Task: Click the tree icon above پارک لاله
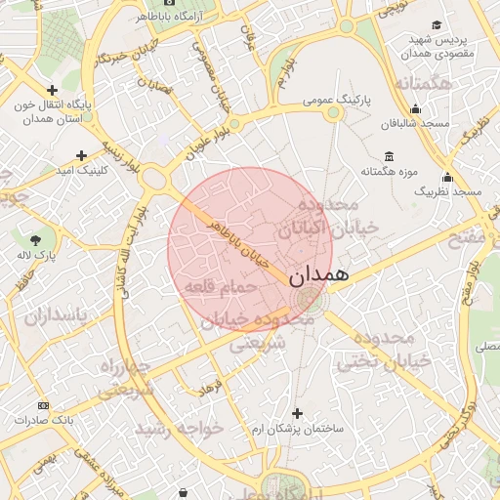point(36,239)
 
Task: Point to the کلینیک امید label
point(75,171)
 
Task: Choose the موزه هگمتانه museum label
point(390,172)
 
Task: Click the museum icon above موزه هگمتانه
point(390,156)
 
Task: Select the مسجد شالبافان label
point(415,124)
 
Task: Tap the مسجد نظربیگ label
point(447,192)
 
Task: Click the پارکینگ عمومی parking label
point(332,99)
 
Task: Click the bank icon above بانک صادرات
point(43,404)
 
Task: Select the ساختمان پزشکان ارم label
point(298,430)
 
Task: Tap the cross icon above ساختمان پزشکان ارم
point(298,414)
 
